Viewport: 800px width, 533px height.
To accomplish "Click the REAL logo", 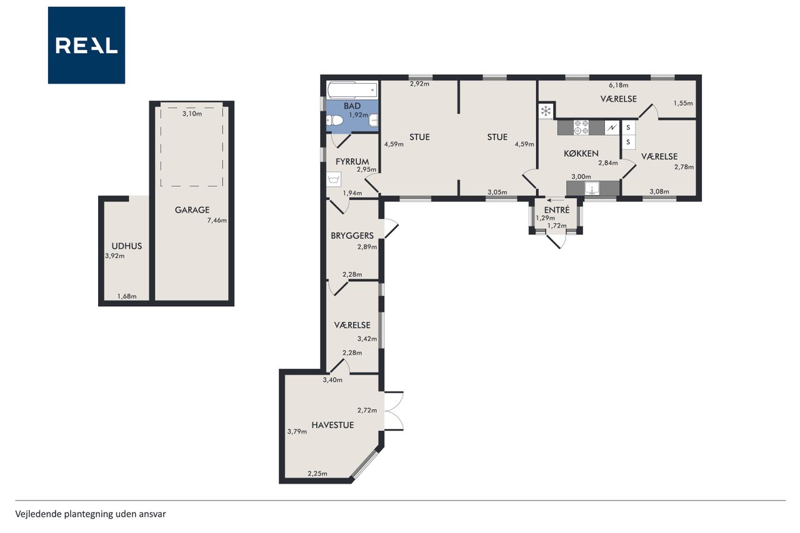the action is (86, 46).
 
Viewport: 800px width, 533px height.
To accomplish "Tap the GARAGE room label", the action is (192, 210).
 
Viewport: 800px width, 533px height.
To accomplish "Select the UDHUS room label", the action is (127, 246).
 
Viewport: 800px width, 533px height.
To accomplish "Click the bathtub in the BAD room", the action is (352, 90).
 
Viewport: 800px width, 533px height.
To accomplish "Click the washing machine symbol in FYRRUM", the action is (334, 179).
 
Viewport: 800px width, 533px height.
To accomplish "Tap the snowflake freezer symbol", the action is (546, 111).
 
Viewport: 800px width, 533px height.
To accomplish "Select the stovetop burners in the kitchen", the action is (581, 127).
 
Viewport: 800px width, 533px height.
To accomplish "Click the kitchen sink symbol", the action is (592, 189).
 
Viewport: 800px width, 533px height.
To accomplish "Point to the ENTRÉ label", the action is (557, 210).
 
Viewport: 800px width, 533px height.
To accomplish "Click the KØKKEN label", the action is (581, 154).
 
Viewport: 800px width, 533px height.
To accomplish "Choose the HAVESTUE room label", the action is (333, 425).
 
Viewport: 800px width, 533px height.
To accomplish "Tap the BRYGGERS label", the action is (352, 236).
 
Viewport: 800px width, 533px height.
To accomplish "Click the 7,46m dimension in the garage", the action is (217, 221).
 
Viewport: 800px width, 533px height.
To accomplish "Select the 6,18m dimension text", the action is (619, 86).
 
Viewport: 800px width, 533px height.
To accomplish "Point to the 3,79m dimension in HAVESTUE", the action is (297, 432).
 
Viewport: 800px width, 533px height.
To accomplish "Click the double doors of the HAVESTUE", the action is (394, 411).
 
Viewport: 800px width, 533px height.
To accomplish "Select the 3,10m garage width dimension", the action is (192, 114).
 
